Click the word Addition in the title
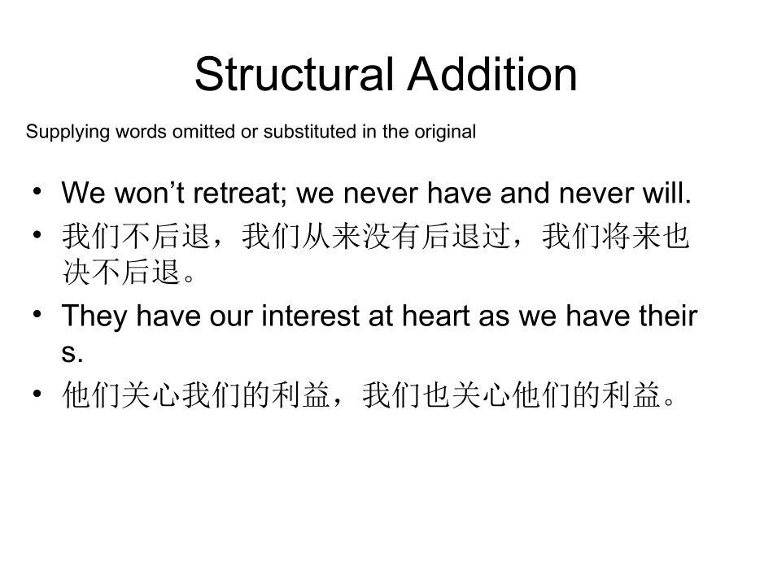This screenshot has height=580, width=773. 492,74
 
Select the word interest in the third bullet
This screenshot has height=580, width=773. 311,316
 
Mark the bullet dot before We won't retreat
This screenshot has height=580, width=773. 37,193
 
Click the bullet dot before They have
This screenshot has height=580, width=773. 37,315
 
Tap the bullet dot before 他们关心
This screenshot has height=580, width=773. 37,395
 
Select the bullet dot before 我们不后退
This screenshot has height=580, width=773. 37,235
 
